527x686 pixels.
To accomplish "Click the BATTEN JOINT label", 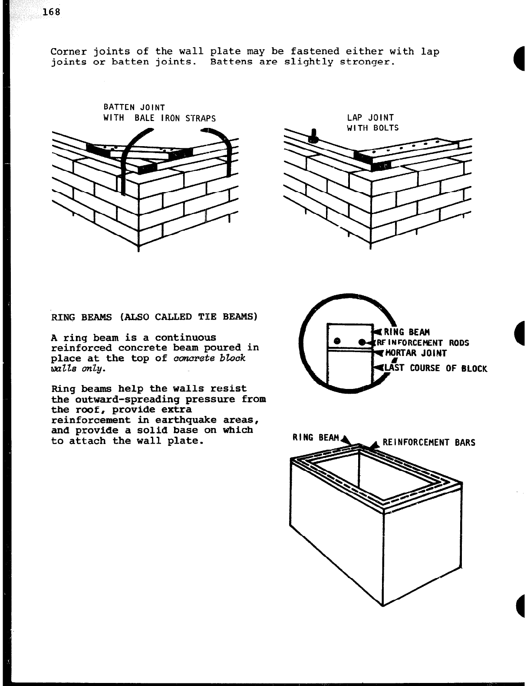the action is tap(134, 107).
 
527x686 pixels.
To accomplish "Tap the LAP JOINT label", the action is tap(370, 118).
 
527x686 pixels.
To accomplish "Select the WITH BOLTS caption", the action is tap(372, 128).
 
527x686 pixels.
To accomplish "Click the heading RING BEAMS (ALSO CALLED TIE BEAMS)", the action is tap(154, 317).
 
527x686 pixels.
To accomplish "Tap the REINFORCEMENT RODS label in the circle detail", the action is tap(423, 343).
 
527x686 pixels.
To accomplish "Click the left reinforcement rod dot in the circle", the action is tap(336, 342).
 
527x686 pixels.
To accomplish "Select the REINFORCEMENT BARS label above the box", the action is tap(428, 443).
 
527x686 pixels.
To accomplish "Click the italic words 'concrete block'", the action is tap(209, 358).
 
